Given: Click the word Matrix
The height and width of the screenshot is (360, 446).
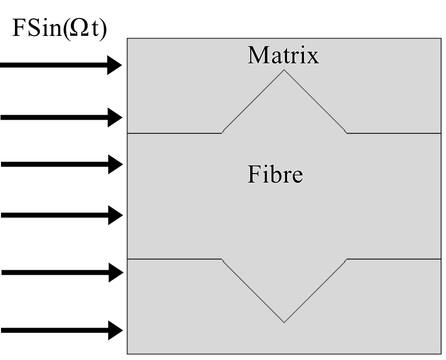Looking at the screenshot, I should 283,55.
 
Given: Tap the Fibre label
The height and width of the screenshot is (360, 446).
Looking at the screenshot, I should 276,175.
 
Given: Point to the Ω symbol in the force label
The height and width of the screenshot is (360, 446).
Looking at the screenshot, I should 83,29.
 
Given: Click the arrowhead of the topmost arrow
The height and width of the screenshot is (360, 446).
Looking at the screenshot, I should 115,65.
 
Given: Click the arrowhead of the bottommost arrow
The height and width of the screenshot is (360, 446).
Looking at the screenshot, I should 115,330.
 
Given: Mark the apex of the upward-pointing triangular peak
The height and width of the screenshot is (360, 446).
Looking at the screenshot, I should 284,69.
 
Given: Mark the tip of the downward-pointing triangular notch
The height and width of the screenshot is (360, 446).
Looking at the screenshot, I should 284,322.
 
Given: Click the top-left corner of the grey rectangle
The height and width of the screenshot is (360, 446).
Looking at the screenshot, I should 128,38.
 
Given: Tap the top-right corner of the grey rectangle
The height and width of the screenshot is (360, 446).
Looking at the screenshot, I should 442,38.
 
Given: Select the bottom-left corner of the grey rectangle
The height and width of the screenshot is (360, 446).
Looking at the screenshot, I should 128,354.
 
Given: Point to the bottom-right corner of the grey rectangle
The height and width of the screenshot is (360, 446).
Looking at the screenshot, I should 442,354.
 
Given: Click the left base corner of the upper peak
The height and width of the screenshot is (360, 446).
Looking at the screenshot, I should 222,133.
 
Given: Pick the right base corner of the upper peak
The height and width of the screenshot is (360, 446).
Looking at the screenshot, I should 347,133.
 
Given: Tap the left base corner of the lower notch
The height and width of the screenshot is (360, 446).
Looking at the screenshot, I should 222,259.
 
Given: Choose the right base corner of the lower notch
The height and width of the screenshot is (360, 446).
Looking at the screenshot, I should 347,259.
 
